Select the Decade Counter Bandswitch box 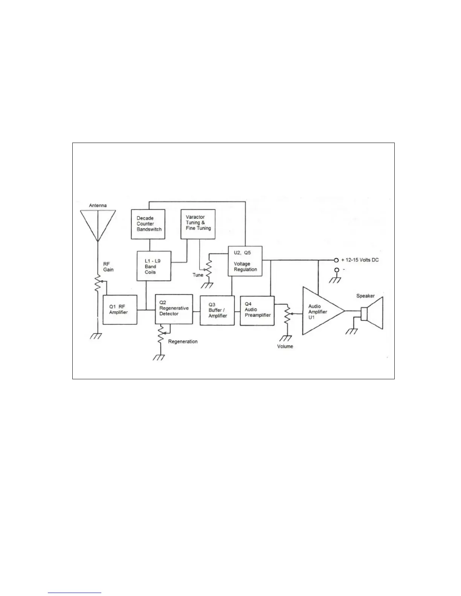point(148,224)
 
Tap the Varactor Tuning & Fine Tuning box point(198,224)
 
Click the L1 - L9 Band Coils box point(154,266)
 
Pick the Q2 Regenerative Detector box point(173,309)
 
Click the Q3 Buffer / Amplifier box point(218,310)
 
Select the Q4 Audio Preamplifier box point(257,310)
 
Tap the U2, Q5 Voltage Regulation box point(245,261)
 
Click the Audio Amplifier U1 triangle point(320,311)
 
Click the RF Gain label point(108,267)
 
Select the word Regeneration point(183,342)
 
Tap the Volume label point(285,346)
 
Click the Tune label point(198,275)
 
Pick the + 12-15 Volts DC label point(360,260)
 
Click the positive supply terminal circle point(336,260)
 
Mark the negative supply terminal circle point(336,270)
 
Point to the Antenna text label point(98,205)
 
